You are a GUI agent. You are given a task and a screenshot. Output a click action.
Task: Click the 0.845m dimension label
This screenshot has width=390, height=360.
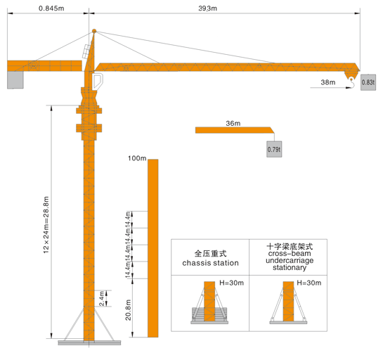click(x=51, y=8)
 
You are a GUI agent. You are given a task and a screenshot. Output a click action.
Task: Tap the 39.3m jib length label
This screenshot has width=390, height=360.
click(x=208, y=8)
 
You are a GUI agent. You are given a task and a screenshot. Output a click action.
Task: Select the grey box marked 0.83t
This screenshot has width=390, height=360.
click(x=368, y=82)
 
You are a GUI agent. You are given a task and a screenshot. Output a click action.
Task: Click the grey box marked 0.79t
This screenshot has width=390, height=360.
click(x=274, y=149)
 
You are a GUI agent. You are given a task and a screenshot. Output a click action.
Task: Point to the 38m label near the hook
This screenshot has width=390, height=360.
click(x=328, y=82)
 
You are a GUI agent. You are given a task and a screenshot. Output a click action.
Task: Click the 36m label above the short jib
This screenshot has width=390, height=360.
click(x=233, y=123)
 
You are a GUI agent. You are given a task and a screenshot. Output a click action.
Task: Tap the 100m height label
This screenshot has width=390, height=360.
click(x=137, y=158)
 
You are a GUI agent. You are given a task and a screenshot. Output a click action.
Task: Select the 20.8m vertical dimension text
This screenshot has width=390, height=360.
click(x=128, y=310)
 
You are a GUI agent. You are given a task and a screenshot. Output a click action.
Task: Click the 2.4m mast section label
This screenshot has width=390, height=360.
click(x=101, y=298)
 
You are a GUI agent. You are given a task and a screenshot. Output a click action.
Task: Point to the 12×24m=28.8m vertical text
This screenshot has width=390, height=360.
click(x=46, y=225)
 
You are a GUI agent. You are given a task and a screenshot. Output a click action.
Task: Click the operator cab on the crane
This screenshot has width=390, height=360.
click(x=98, y=81)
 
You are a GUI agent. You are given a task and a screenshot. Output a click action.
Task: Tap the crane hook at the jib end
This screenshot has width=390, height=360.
click(x=351, y=82)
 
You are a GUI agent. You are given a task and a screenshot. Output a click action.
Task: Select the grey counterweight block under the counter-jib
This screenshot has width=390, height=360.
click(x=15, y=80)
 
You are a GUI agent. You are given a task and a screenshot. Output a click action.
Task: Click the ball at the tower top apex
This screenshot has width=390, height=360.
click(x=94, y=31)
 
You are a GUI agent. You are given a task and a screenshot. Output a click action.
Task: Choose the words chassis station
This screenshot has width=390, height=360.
click(x=210, y=263)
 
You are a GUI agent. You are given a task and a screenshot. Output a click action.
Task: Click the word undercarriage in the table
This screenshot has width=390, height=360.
click(x=290, y=260)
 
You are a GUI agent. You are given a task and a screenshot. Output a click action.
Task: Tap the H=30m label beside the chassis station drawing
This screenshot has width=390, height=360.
click(x=232, y=283)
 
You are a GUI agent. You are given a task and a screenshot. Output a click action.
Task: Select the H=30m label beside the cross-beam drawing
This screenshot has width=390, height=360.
click(x=309, y=283)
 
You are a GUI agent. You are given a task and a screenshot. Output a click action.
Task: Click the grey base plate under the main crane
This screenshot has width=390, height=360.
click(x=89, y=343)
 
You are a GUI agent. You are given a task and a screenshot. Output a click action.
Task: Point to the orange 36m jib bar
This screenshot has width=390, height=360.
click(x=235, y=130)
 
